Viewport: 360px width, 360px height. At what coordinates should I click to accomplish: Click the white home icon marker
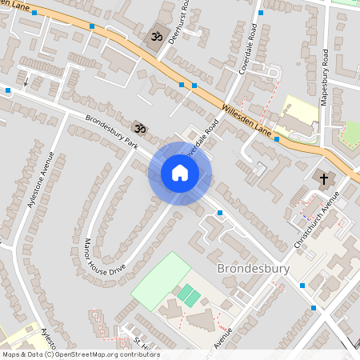[180, 173]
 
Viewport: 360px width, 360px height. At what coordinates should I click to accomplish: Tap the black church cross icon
[324, 178]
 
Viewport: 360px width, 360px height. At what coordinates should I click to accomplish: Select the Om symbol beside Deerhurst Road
[155, 37]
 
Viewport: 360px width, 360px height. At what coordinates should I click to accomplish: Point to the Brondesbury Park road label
[113, 133]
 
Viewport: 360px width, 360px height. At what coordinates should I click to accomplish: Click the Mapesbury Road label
[324, 76]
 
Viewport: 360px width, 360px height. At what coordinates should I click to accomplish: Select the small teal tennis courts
[189, 294]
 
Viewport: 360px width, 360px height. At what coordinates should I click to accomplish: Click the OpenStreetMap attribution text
[80, 354]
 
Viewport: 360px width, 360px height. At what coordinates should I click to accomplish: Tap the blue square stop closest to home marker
[219, 213]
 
